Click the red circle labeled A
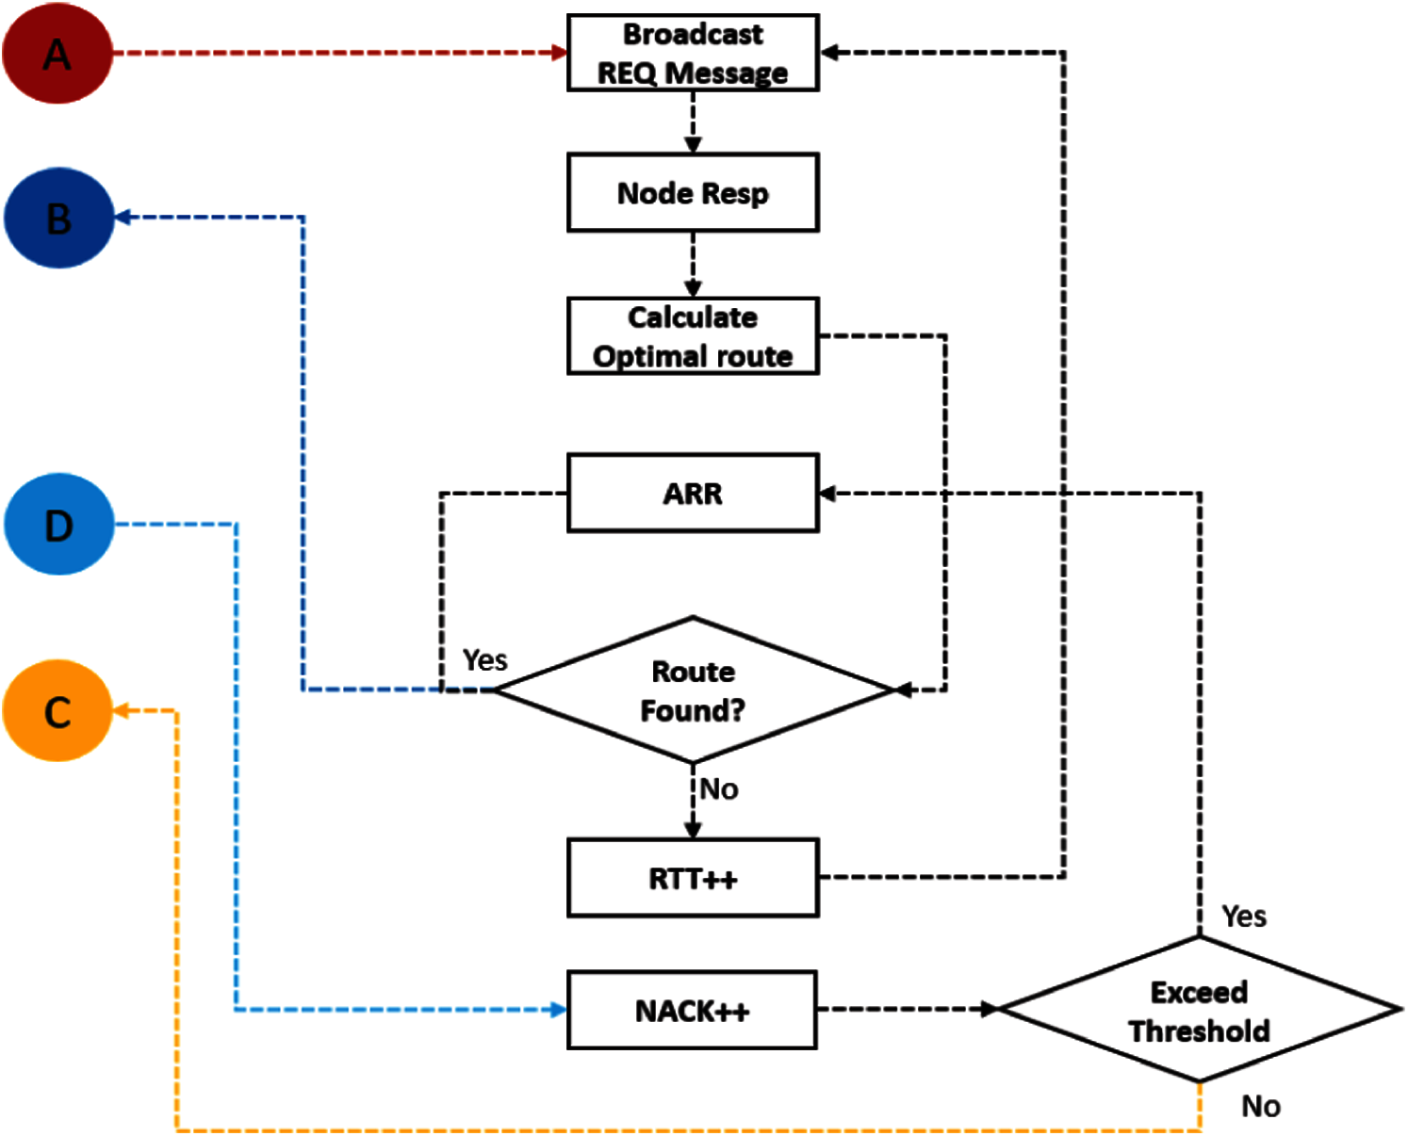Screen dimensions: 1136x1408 [57, 54]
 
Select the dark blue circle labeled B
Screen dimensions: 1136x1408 [58, 218]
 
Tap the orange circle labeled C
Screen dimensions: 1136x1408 [57, 710]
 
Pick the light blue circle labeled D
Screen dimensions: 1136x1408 [58, 524]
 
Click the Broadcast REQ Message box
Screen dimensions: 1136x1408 [693, 53]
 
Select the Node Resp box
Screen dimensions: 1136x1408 [693, 192]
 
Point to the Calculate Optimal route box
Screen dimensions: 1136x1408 [693, 336]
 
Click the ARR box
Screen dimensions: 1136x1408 [693, 494]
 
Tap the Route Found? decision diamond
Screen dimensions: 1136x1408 [693, 690]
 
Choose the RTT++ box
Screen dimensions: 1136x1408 [693, 878]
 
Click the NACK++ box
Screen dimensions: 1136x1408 [693, 1010]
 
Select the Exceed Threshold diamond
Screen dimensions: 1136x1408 [1199, 1010]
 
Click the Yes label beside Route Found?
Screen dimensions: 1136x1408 [484, 659]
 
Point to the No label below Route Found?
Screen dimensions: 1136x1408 [719, 788]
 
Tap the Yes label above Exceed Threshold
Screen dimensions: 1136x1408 [1243, 916]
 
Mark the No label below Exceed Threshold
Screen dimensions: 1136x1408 [1260, 1105]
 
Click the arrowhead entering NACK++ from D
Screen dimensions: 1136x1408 [558, 1010]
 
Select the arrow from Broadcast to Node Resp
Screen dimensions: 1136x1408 [693, 122]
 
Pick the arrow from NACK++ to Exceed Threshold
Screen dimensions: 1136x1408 [905, 1009]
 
